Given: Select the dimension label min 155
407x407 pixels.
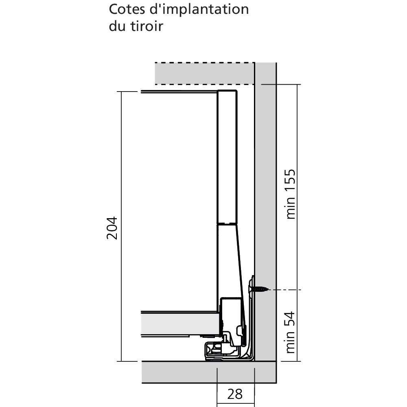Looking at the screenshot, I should (x=291, y=194).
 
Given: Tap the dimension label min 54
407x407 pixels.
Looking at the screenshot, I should (x=290, y=332).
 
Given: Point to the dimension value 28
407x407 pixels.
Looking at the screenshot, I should (x=235, y=394).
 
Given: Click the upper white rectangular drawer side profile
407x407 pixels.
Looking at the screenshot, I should (x=227, y=157).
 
